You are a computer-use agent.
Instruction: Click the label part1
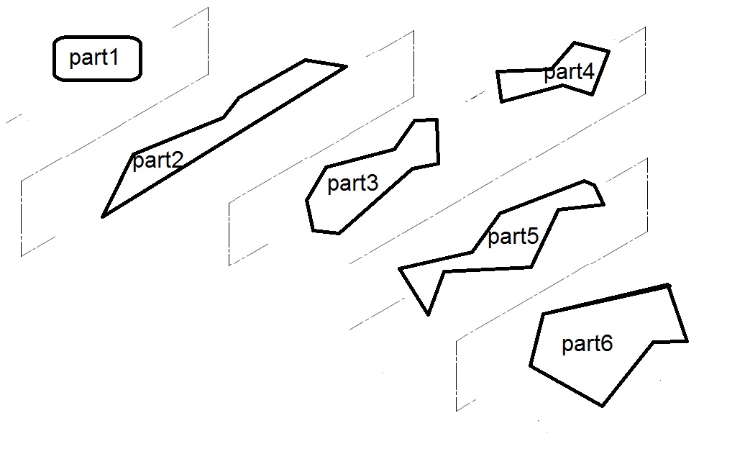click(93, 58)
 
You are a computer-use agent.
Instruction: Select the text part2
click(157, 160)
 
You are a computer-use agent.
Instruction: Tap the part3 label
click(352, 183)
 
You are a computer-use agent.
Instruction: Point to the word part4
click(569, 72)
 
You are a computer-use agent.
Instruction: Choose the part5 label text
click(513, 237)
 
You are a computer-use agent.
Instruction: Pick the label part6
click(587, 344)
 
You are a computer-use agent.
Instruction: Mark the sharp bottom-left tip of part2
click(104, 216)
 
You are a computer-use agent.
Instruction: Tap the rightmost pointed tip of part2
click(347, 67)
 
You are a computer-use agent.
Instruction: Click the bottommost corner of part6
click(603, 406)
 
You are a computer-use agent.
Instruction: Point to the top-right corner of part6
click(669, 286)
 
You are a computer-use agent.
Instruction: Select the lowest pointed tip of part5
click(429, 314)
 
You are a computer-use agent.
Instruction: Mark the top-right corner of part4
click(609, 51)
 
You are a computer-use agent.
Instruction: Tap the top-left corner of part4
click(497, 72)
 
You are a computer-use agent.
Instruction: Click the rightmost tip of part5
click(603, 204)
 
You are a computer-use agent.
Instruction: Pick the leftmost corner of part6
click(531, 366)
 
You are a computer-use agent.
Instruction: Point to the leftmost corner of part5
click(400, 269)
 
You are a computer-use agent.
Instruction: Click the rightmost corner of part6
click(687, 341)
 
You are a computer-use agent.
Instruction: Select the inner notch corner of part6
click(653, 342)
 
